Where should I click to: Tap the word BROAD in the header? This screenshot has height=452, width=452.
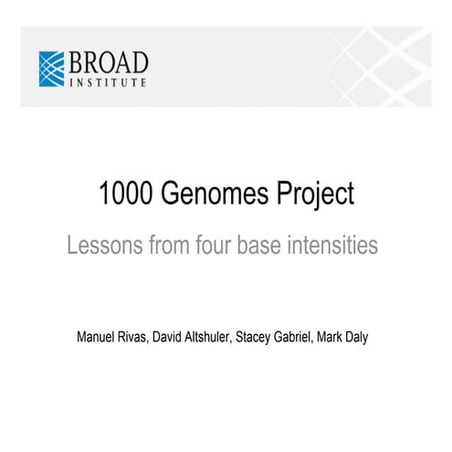[x=107, y=63]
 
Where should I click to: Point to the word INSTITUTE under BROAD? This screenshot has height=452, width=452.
[x=108, y=83]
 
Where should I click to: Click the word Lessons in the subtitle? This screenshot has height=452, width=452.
[x=103, y=247]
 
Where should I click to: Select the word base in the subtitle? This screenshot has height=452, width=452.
[x=278, y=247]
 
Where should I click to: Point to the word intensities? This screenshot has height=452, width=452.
[x=342, y=247]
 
